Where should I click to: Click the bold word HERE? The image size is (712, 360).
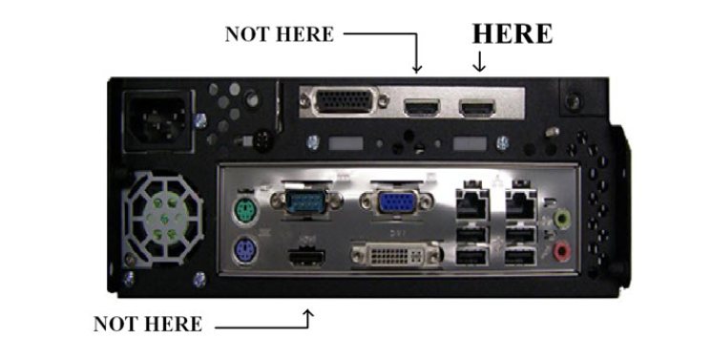tap(513, 33)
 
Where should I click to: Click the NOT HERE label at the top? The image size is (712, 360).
tap(279, 34)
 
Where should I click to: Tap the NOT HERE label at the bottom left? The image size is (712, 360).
tap(147, 324)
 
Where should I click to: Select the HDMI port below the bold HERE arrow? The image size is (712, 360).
tap(479, 108)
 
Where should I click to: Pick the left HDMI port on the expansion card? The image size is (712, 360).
tap(421, 108)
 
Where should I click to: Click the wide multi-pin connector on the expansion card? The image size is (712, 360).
tap(340, 103)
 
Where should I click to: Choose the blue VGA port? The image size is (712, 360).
tap(392, 201)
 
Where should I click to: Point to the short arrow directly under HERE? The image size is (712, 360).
tap(479, 62)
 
